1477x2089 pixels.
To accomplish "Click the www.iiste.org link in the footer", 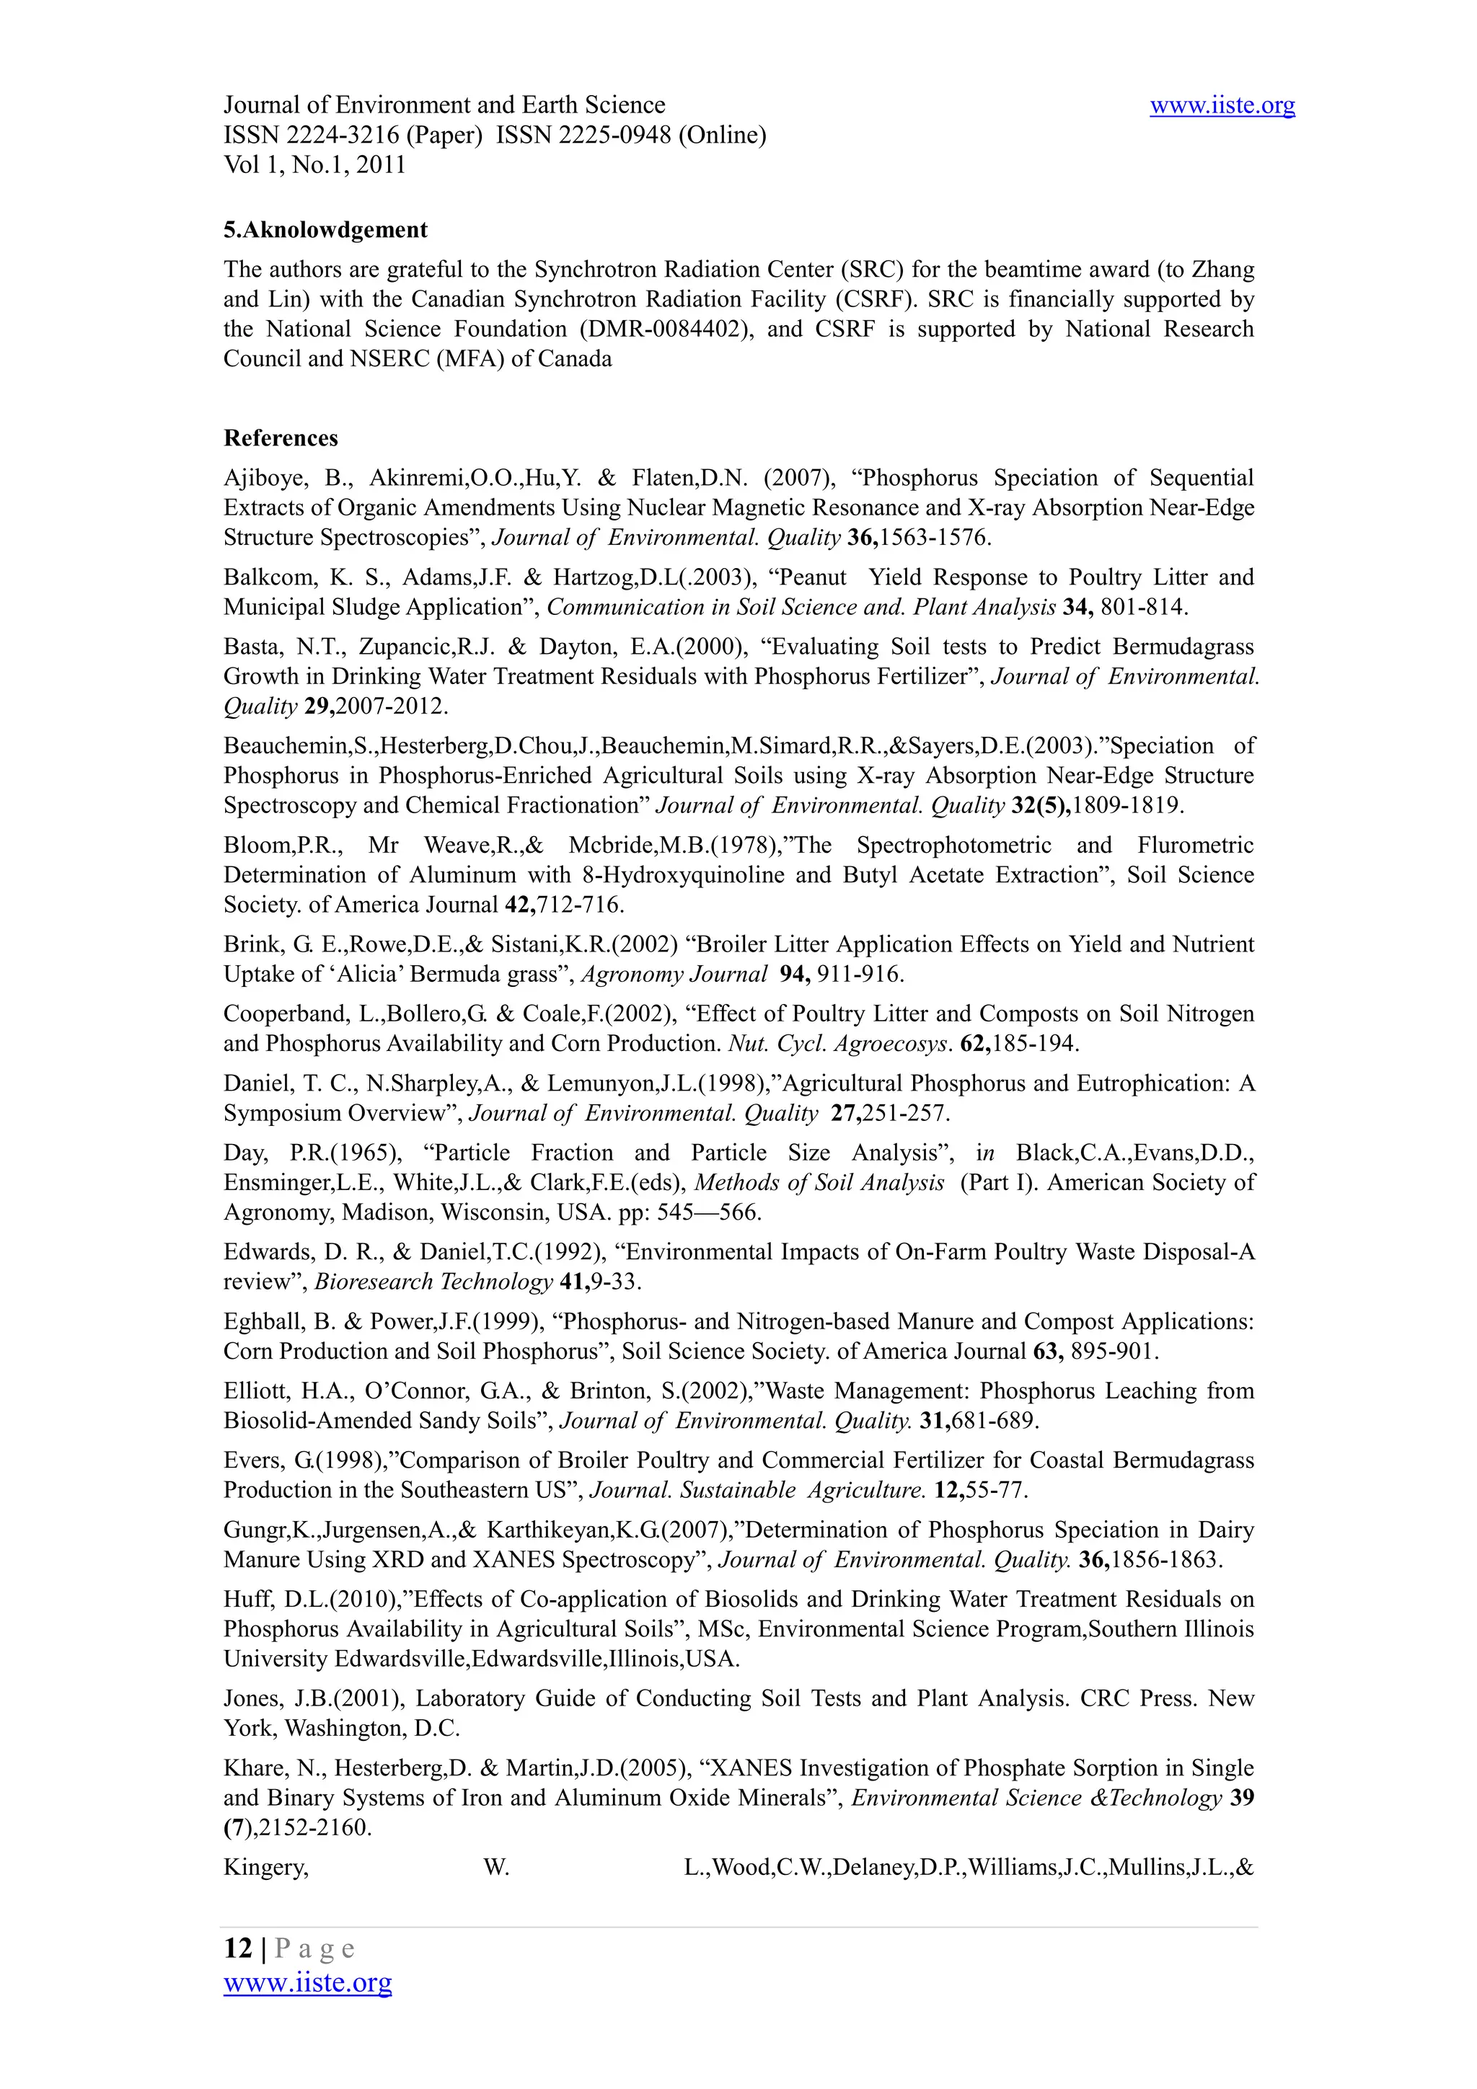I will point(308,1982).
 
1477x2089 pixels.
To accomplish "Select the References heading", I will point(281,438).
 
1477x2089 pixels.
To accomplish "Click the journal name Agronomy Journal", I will point(674,975).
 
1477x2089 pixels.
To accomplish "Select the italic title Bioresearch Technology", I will point(433,1281).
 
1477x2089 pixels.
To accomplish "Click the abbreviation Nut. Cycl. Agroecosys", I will point(838,1044).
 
